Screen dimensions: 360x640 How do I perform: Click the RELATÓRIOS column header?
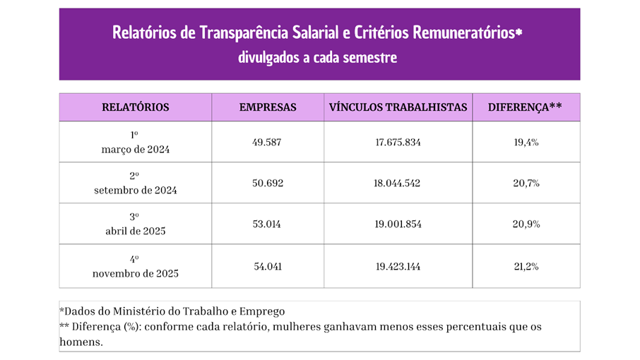click(135, 107)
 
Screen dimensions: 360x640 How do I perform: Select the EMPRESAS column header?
click(267, 107)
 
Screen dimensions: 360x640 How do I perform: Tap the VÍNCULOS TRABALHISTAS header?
click(398, 107)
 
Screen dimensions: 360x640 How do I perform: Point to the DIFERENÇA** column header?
click(526, 107)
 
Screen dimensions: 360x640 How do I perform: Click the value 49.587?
click(267, 142)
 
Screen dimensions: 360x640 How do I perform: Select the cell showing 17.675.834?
click(398, 142)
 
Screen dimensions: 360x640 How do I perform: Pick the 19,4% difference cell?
click(526, 142)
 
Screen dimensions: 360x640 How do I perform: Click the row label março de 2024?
click(135, 150)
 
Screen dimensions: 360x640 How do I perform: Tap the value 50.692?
click(267, 183)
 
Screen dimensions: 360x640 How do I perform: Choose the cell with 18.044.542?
click(398, 183)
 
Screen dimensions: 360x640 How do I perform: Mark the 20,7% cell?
click(526, 183)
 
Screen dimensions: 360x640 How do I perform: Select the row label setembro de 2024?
click(135, 191)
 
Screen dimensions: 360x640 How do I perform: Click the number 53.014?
click(267, 224)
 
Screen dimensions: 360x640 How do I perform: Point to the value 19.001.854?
click(398, 224)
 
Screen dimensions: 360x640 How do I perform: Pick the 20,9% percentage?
click(526, 224)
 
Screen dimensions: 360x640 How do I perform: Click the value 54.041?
click(267, 266)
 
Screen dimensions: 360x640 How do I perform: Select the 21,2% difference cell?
click(526, 266)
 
